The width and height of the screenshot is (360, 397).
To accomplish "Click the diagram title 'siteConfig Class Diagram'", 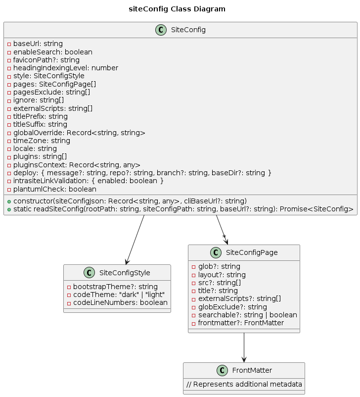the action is point(177,9).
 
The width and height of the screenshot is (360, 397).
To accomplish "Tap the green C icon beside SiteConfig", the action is point(161,30).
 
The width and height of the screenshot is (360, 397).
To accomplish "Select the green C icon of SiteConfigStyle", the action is point(89,273).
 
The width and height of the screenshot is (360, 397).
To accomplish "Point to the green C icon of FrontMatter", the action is point(222,370).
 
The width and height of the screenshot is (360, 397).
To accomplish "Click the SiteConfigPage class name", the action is point(252,252).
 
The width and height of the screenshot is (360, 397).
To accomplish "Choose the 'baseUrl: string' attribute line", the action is point(38,44).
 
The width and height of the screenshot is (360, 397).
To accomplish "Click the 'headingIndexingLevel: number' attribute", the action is point(66,68).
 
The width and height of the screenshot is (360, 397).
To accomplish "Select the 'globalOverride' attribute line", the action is point(79,133).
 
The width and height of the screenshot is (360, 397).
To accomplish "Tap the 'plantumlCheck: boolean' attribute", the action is point(55,189).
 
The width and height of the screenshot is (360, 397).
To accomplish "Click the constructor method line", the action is point(130,201).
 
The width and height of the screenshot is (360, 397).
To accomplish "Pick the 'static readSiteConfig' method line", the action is point(183,209).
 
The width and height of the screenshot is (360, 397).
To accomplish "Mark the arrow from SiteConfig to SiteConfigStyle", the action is point(135,240).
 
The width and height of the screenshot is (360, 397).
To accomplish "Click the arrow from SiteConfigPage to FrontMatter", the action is point(244,347).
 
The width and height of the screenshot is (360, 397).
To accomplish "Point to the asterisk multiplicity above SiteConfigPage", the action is point(224,237).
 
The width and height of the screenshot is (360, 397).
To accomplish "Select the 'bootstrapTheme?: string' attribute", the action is point(115,287).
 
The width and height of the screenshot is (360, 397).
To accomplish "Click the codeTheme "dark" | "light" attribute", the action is point(119,295).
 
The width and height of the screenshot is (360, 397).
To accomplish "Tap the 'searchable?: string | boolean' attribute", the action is point(247,315).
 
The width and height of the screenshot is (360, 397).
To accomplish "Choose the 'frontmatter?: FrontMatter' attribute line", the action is point(241,323).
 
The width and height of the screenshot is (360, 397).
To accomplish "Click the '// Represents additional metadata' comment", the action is point(244,384).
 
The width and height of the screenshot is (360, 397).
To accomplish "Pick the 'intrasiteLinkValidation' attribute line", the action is point(89,181).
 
